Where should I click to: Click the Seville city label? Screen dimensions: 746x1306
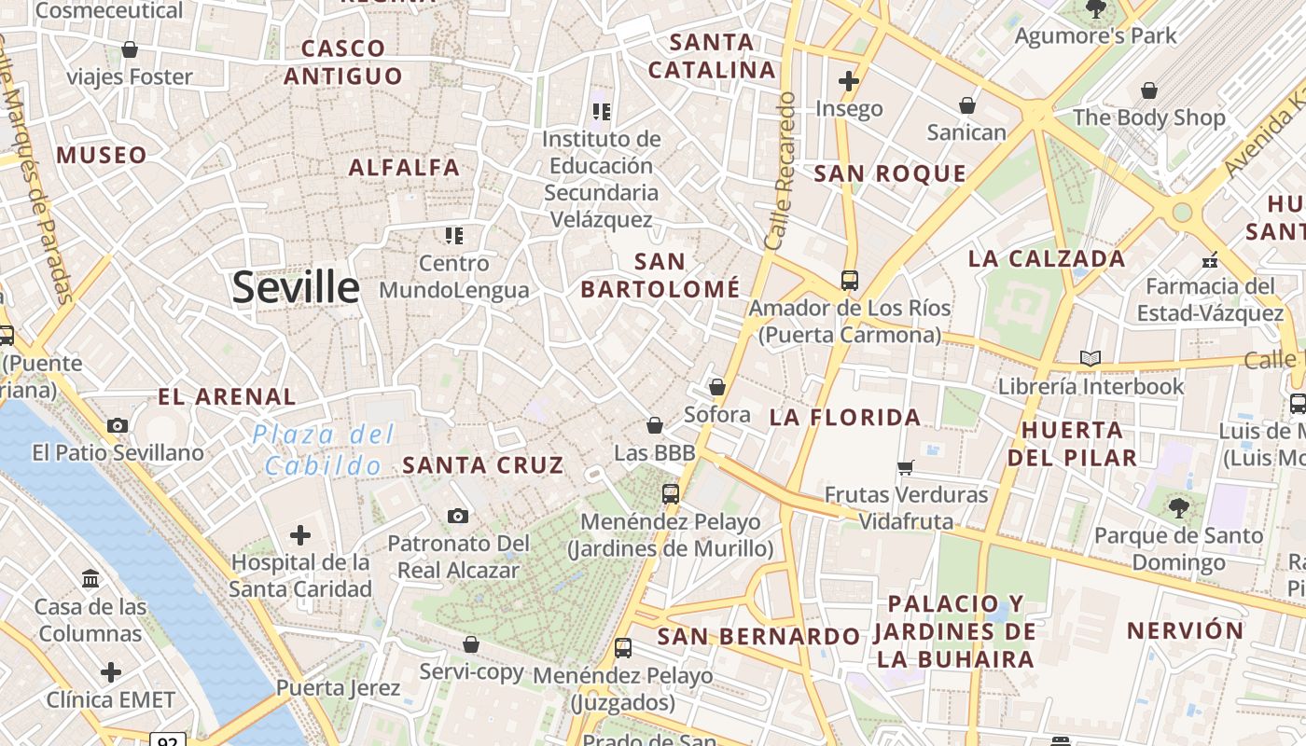pyautogui.click(x=296, y=287)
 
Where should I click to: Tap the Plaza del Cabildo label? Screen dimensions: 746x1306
pyautogui.click(x=324, y=450)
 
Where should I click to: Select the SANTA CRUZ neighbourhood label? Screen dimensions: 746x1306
pyautogui.click(x=483, y=464)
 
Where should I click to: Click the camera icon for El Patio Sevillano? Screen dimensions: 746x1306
pyautogui.click(x=118, y=426)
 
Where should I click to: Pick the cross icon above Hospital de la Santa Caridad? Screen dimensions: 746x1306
pyautogui.click(x=299, y=535)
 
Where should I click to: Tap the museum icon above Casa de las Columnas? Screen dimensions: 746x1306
pyautogui.click(x=90, y=579)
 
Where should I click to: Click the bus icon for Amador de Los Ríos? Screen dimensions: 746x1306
pyautogui.click(x=849, y=280)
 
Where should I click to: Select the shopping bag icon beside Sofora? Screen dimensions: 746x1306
pyautogui.click(x=716, y=386)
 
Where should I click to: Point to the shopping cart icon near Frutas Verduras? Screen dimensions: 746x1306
pyautogui.click(x=905, y=466)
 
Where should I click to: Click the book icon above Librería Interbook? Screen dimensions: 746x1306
pyautogui.click(x=1090, y=358)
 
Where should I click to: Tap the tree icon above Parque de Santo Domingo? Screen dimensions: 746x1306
pyautogui.click(x=1178, y=507)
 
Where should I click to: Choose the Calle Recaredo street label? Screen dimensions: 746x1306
pyautogui.click(x=780, y=170)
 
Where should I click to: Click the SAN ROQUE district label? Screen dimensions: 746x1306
pyautogui.click(x=890, y=173)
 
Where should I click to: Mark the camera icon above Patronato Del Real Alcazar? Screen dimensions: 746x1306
pyautogui.click(x=457, y=516)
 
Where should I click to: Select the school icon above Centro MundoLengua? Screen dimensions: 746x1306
pyautogui.click(x=453, y=235)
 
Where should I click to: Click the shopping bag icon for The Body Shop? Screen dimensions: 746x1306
pyautogui.click(x=1148, y=90)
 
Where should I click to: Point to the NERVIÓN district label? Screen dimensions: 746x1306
pyautogui.click(x=1185, y=630)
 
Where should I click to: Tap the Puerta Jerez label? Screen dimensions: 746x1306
pyautogui.click(x=338, y=688)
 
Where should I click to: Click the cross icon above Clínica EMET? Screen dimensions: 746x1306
pyautogui.click(x=111, y=672)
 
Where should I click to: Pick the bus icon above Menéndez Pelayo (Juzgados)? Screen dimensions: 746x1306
pyautogui.click(x=622, y=647)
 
